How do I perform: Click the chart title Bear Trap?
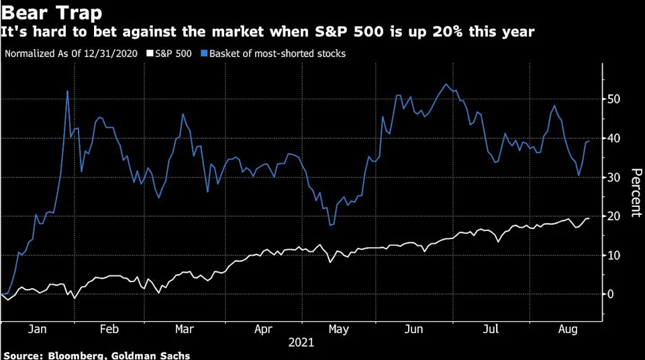[50, 12]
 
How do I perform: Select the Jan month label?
[38, 330]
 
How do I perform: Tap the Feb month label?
[109, 330]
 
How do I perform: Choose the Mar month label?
[184, 330]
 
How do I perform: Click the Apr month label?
[263, 330]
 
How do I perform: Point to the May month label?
[338, 330]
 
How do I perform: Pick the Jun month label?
[415, 330]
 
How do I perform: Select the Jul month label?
[492, 330]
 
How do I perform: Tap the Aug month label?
[568, 330]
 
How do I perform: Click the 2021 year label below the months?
[301, 343]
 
